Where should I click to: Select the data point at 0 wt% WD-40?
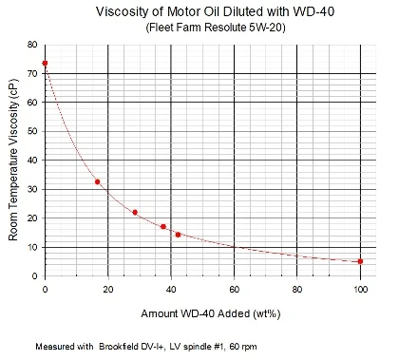pos(45,64)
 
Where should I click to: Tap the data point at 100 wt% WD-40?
pos(360,261)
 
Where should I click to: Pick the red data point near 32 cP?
pos(97,181)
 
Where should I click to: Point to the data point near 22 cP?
pos(135,212)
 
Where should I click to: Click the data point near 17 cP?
pos(163,227)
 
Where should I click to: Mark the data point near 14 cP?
pos(178,235)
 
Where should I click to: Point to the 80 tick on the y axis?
pos(33,45)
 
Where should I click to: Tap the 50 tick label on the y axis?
pos(33,132)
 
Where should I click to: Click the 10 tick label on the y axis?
pos(33,248)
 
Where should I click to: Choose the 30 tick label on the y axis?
pos(33,190)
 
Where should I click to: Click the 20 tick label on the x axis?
pos(108,288)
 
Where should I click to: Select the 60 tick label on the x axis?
pos(234,288)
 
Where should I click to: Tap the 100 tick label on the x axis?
pos(360,288)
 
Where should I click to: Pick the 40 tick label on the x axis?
pos(171,288)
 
